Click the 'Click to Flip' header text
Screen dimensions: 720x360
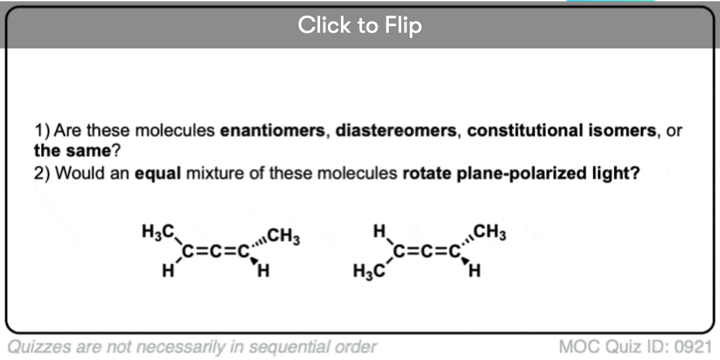click(x=359, y=25)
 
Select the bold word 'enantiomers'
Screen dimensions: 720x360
click(x=272, y=132)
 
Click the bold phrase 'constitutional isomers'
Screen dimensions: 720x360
click(x=562, y=132)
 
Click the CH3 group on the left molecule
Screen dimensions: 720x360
click(x=284, y=238)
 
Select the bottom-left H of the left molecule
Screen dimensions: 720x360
click(x=168, y=272)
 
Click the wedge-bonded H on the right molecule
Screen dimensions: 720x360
click(x=475, y=272)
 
